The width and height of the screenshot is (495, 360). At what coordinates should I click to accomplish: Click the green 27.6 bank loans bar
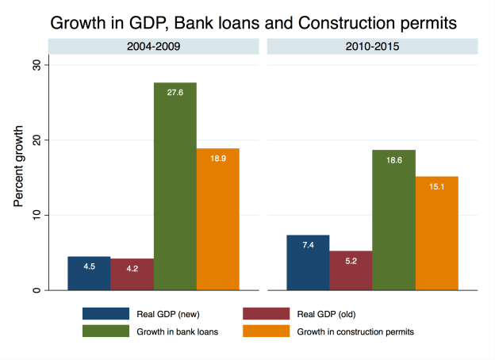point(175,186)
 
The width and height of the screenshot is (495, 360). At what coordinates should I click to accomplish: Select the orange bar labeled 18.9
point(217,219)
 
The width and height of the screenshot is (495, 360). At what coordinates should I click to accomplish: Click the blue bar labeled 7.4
point(308,262)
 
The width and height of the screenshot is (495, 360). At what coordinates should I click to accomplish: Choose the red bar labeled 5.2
point(351,270)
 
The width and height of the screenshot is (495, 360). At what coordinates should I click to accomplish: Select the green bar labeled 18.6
point(393,220)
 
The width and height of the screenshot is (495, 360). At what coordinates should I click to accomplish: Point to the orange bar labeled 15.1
point(437,233)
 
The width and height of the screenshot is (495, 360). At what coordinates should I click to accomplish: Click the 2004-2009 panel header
point(153,47)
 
